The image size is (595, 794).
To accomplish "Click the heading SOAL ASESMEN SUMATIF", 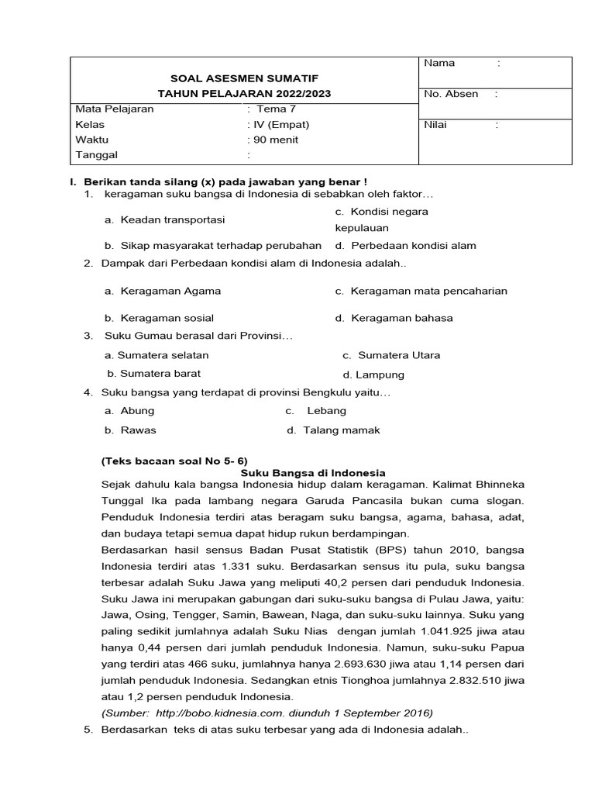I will coord(244,78).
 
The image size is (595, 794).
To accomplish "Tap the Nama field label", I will coord(439,63).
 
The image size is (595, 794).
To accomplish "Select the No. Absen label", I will coord(451,94).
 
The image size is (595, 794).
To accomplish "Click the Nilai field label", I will coord(435,124).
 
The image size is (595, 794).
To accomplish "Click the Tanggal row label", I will coord(96,155).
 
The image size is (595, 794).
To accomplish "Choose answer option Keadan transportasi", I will coord(172,219).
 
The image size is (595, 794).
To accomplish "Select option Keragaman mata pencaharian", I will coord(428,291).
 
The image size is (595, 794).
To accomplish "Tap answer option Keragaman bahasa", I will coord(401,318).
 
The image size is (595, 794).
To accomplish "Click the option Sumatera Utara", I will coord(398,355).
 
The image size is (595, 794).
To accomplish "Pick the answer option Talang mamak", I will coord(341,430).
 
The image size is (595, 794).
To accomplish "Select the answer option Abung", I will coord(137,410).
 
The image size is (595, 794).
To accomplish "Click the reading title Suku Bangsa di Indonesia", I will coord(313,472).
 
